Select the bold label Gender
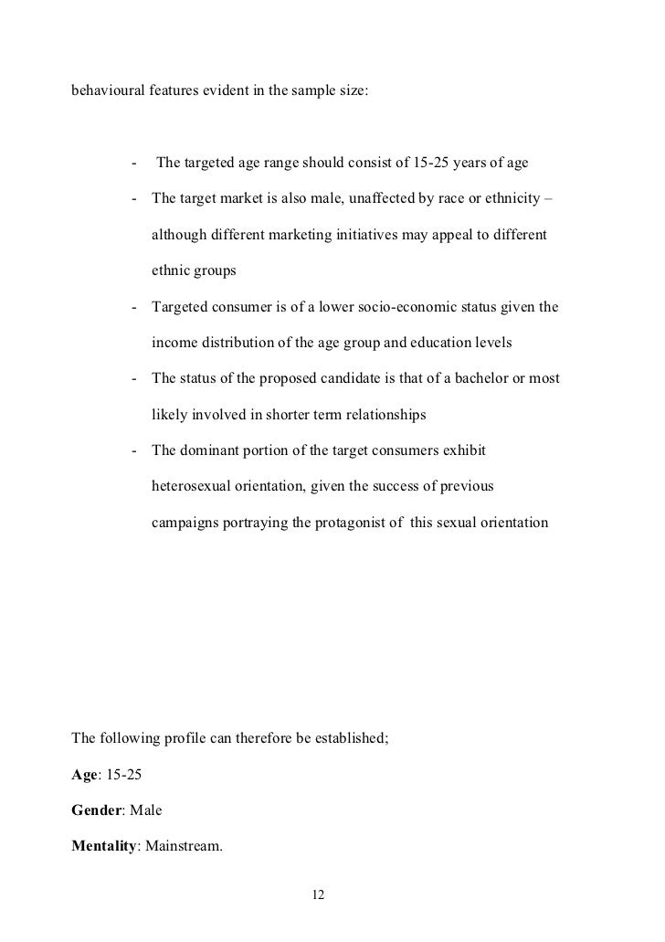point(97,809)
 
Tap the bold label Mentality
point(103,845)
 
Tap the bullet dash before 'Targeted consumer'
point(135,307)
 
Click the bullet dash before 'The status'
point(135,378)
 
